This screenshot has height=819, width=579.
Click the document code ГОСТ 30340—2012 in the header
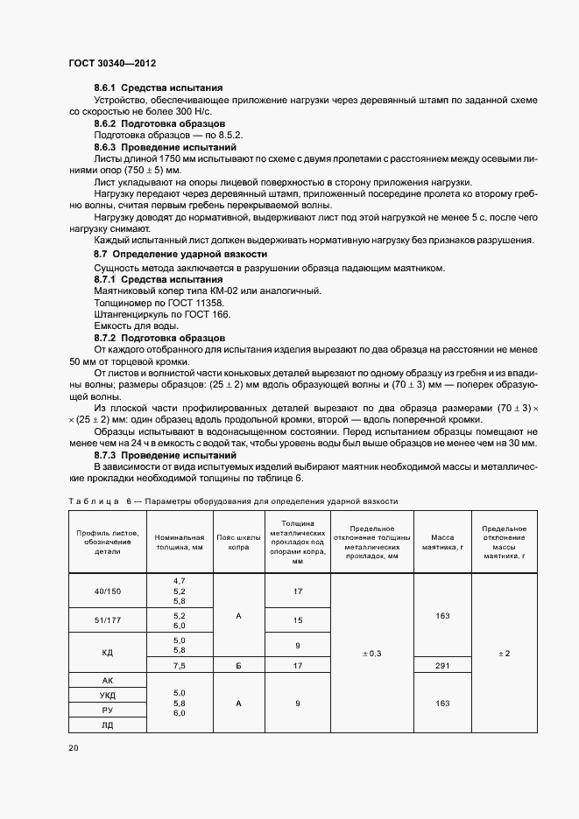(x=112, y=63)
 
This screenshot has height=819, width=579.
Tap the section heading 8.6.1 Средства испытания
(x=158, y=87)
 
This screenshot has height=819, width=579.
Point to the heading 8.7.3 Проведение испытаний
(x=165, y=456)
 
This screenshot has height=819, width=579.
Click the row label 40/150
(x=108, y=591)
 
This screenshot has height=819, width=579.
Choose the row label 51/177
(x=108, y=621)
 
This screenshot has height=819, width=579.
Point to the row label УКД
(x=108, y=696)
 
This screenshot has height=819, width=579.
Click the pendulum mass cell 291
(x=441, y=666)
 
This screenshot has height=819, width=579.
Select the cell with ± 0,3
(x=372, y=654)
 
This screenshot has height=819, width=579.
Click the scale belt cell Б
(x=238, y=666)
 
